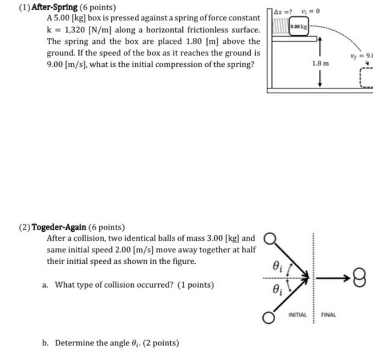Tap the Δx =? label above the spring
(x=283, y=11)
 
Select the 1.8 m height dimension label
(x=321, y=63)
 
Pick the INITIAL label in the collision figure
(x=297, y=315)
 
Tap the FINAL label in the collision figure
(x=329, y=315)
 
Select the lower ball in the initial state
(x=269, y=316)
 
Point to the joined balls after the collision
(x=359, y=278)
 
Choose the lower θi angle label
(x=276, y=290)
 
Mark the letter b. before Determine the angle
(x=46, y=343)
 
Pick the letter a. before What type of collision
(x=46, y=285)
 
